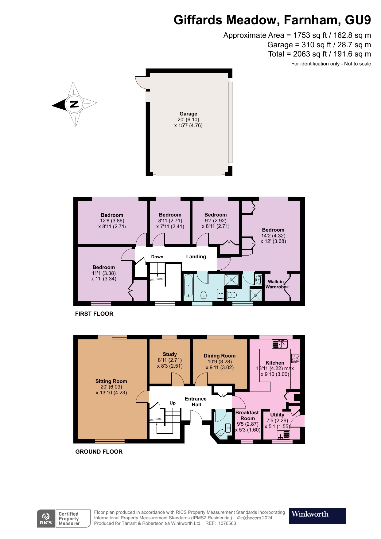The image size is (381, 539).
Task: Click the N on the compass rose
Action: [x=74, y=104]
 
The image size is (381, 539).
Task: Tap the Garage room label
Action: [x=188, y=114]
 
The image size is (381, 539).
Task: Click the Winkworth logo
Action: [x=317, y=516]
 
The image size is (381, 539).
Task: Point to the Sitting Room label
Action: [x=111, y=381]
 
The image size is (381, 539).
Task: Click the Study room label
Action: [x=170, y=354]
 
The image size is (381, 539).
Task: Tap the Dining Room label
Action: [x=220, y=356]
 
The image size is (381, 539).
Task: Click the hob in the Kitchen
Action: [x=295, y=358]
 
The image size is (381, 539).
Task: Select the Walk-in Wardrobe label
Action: [x=276, y=284]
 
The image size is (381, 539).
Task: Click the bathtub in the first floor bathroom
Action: [x=188, y=285]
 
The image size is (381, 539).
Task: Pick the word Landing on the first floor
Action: [x=196, y=256]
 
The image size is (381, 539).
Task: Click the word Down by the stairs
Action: [x=157, y=257]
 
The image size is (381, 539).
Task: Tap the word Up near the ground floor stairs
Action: [x=173, y=403]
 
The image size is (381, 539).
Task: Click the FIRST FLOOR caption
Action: [x=94, y=314]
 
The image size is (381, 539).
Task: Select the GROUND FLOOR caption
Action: [x=99, y=451]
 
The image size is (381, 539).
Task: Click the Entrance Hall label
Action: [x=196, y=402]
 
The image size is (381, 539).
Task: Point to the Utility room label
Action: [x=277, y=415]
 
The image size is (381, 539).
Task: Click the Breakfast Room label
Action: [x=247, y=415]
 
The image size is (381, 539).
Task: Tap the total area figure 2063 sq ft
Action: [x=310, y=54]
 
